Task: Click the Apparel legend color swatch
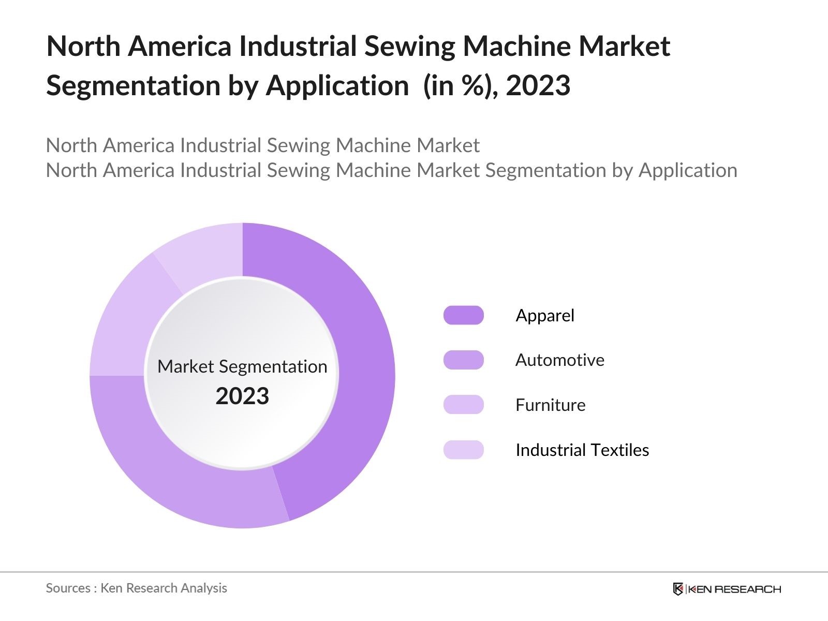[x=463, y=315]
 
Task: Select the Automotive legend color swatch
[x=463, y=360]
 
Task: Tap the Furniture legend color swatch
[x=463, y=405]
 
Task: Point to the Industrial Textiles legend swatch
[x=463, y=450]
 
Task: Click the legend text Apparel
[x=545, y=315]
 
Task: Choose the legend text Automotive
[x=559, y=360]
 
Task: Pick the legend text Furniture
[x=550, y=405]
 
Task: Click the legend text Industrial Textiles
[x=582, y=450]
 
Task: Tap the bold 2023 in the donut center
[x=242, y=396]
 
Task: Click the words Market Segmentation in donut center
[x=242, y=366]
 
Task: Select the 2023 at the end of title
[x=538, y=85]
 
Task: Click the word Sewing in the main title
[x=408, y=46]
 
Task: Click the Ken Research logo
[x=727, y=589]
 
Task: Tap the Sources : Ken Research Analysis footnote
[x=136, y=588]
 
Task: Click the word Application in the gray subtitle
[x=688, y=170]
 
